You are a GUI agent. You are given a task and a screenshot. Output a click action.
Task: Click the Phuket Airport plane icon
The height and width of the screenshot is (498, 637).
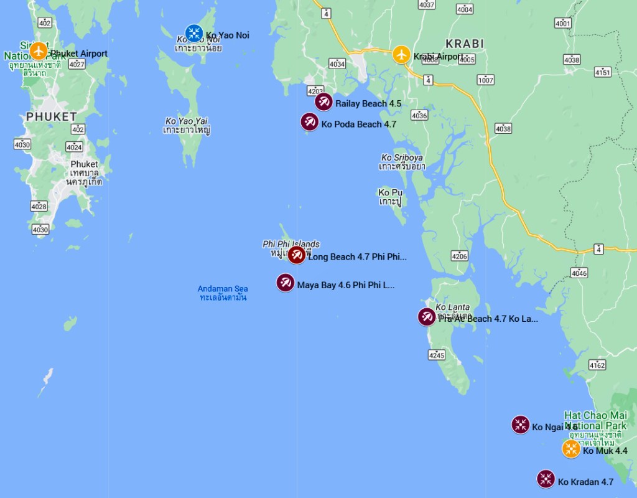click(39, 50)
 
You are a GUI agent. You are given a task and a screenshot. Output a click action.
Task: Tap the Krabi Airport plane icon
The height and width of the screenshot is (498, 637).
click(402, 54)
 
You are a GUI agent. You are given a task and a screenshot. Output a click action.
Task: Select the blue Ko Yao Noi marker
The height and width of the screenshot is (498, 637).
click(194, 34)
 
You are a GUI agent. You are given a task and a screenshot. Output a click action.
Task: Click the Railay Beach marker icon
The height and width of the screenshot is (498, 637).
click(323, 101)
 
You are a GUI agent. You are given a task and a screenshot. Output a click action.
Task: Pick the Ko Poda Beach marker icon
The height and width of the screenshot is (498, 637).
click(309, 122)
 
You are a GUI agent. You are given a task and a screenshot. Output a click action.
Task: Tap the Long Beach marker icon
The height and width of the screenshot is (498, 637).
click(297, 255)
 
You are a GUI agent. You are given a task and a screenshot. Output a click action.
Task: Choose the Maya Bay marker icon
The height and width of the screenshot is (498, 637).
click(286, 283)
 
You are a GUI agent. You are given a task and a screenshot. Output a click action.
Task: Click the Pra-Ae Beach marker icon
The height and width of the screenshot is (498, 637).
click(427, 317)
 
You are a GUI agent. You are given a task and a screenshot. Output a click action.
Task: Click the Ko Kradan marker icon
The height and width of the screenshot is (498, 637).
click(546, 479)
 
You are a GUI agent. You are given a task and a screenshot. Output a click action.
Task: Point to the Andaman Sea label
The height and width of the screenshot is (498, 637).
click(223, 293)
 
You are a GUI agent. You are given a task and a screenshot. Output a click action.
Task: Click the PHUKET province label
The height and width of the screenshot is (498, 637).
click(52, 116)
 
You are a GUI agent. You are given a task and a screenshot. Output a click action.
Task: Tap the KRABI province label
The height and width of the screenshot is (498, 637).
click(465, 44)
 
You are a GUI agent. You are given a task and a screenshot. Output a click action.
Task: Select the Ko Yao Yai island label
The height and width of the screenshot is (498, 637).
click(187, 125)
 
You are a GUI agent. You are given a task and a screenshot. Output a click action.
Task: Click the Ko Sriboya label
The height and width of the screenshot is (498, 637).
click(402, 162)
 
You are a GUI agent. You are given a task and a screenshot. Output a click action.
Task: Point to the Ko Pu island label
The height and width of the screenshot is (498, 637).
click(390, 197)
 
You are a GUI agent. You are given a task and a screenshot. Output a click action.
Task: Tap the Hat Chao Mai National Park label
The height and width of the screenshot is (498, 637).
click(595, 420)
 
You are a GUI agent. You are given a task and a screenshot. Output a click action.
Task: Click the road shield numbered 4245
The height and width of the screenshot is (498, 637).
click(437, 355)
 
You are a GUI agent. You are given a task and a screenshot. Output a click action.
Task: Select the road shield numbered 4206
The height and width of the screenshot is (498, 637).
click(460, 256)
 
